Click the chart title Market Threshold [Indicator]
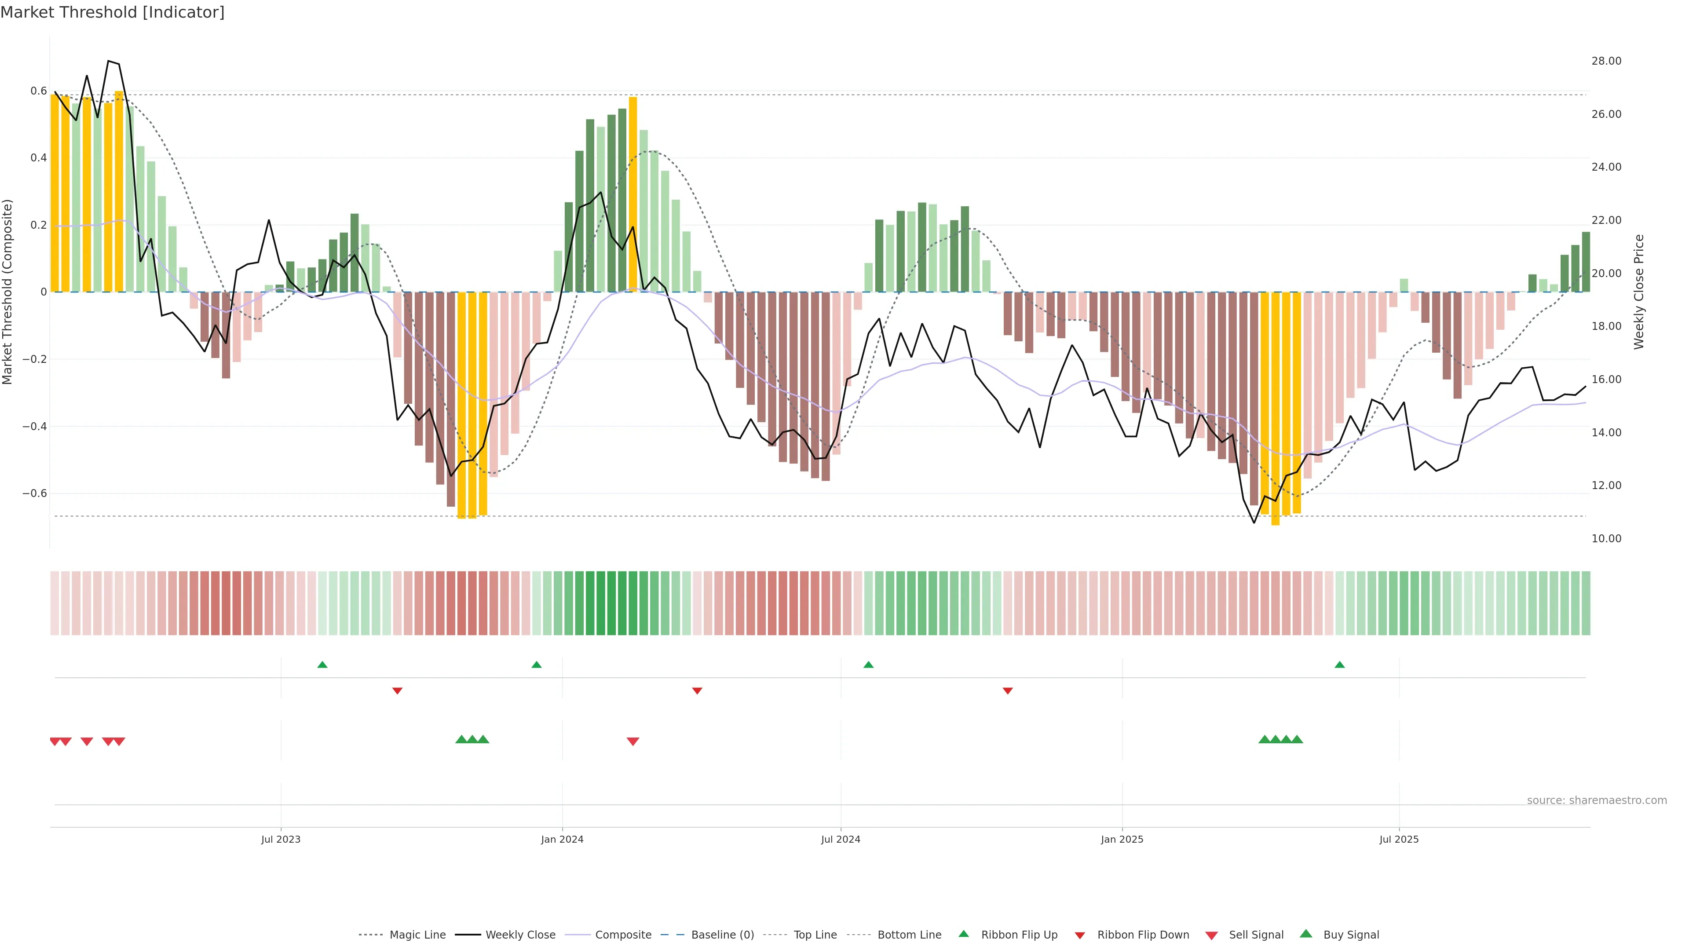click(112, 12)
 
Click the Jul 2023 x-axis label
click(281, 839)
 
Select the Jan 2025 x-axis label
click(1122, 839)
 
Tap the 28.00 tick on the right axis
click(1606, 61)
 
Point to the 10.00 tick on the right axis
click(1606, 538)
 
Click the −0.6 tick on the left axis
click(35, 493)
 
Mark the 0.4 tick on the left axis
click(39, 158)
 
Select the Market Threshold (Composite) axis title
click(8, 292)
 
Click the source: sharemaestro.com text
click(1597, 800)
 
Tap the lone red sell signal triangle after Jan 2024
click(633, 742)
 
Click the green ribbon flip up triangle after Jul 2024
click(869, 665)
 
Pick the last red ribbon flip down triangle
click(1008, 691)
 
